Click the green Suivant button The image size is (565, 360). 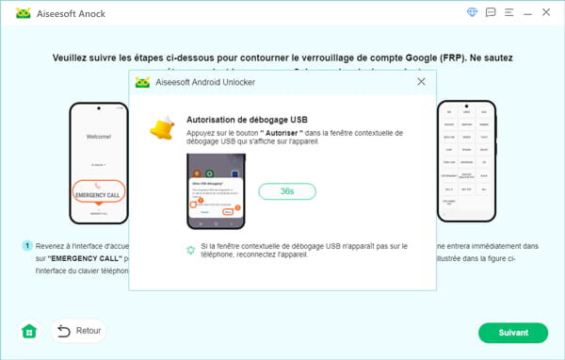[x=512, y=332]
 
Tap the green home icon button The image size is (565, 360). [x=29, y=331]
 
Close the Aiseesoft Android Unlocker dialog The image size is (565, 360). [x=421, y=82]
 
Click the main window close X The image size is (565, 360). [x=549, y=13]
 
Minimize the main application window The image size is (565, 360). [x=529, y=13]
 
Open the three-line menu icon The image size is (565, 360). [x=509, y=13]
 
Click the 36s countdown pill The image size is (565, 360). [x=287, y=191]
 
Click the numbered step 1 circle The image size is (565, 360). [x=27, y=245]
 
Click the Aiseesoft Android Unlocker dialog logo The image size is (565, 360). [x=143, y=82]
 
